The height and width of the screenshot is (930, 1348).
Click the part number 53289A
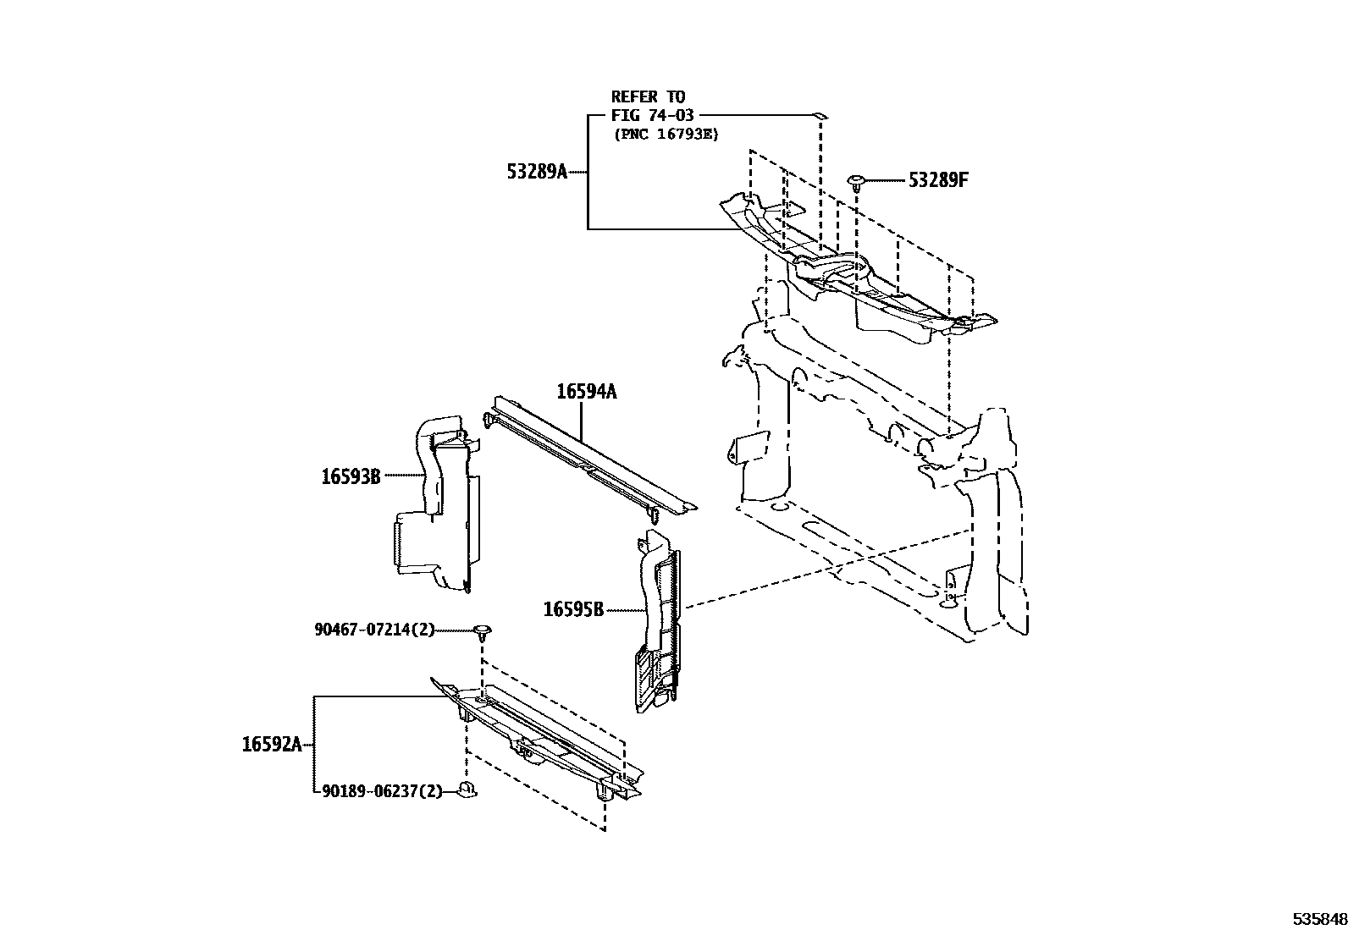[x=536, y=172]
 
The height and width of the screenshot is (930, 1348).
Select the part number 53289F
[x=937, y=180]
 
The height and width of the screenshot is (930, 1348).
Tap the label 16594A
[x=586, y=392]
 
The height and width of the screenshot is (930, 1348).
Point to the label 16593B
[x=350, y=476]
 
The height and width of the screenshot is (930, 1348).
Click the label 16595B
[x=572, y=609]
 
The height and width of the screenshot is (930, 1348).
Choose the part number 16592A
[x=271, y=745]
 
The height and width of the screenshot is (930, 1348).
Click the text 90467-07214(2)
[x=373, y=630]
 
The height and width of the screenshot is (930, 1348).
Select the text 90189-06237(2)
[x=382, y=791]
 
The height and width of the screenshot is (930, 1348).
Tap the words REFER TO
[x=648, y=96]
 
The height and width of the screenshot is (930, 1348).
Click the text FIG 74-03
[x=652, y=115]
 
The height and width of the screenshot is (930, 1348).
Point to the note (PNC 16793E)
[x=665, y=134]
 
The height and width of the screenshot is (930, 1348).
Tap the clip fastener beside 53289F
[x=856, y=181]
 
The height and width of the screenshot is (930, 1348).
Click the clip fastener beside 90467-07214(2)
[x=483, y=630]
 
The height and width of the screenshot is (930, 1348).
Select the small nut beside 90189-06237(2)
[x=467, y=791]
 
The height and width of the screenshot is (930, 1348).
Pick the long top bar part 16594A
[x=593, y=457]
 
